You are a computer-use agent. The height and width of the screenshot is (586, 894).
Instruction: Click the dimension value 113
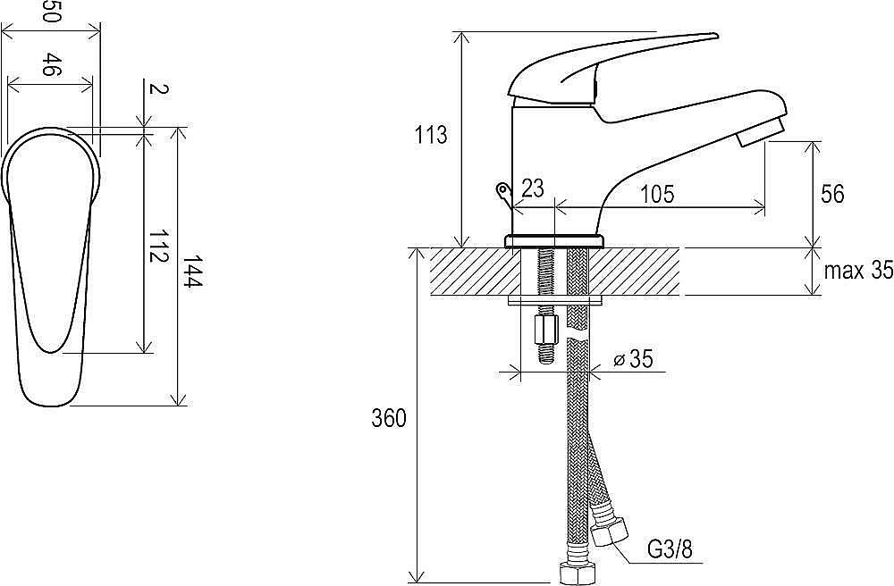point(431,136)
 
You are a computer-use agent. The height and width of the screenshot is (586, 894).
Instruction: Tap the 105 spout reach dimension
point(657,194)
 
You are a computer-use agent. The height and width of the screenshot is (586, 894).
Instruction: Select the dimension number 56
point(832,194)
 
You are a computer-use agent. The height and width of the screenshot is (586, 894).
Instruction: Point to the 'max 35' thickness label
point(858,271)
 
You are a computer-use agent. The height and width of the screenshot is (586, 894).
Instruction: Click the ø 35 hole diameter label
point(633,359)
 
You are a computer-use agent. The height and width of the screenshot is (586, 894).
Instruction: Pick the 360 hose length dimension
point(389,419)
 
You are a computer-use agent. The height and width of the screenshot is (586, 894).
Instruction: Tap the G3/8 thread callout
point(670,550)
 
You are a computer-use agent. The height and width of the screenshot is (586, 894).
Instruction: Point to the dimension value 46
point(51,64)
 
